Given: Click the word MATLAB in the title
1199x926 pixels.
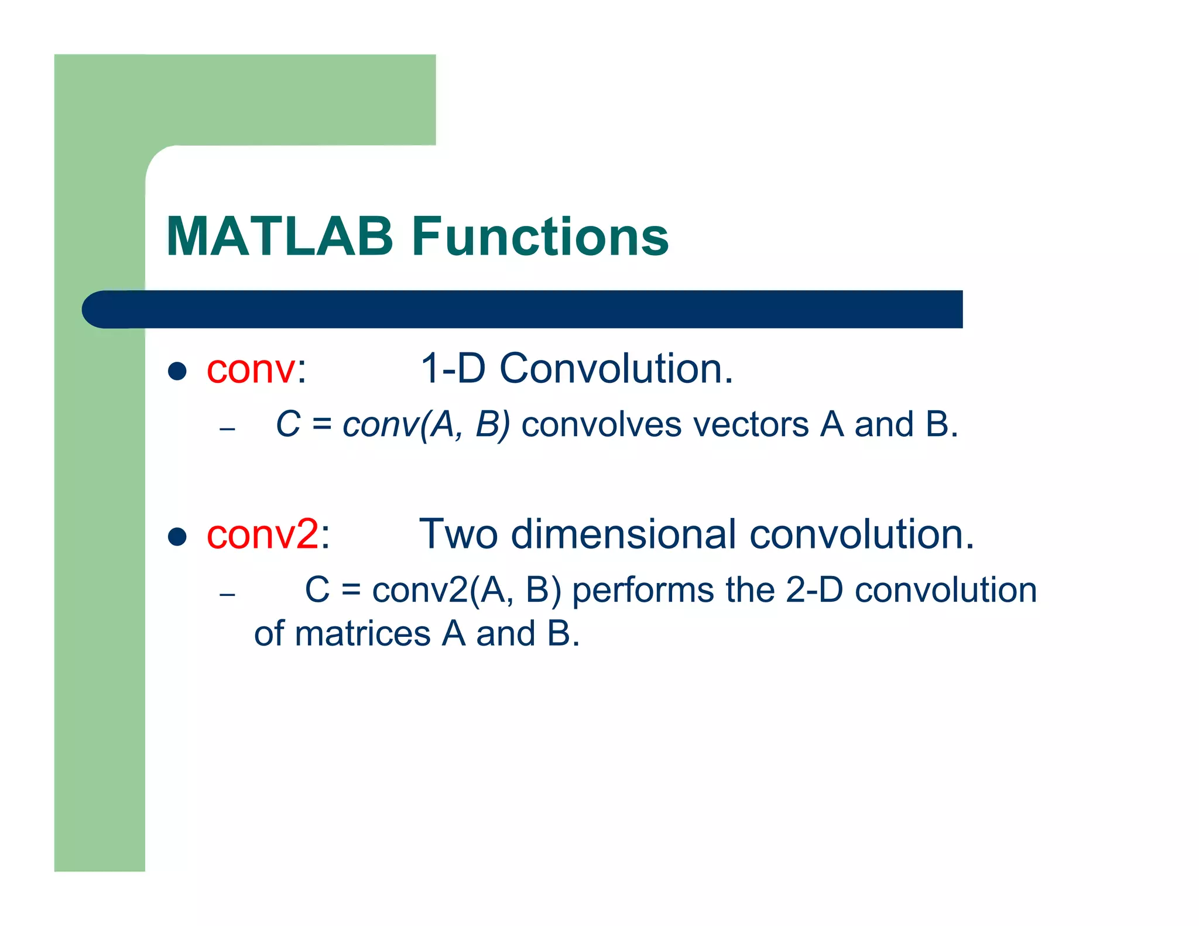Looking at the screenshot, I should (279, 236).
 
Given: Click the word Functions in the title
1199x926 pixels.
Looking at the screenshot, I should (540, 236).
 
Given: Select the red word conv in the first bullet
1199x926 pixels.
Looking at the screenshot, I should (251, 370).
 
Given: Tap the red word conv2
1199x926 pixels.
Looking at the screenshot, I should (263, 534).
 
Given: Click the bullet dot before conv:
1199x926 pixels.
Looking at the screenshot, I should (177, 371).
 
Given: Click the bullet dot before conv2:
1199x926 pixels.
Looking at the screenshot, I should (177, 536).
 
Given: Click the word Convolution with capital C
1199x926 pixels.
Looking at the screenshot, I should (616, 369).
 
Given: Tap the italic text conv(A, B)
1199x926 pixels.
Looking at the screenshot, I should (426, 424).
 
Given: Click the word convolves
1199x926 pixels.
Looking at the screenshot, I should (601, 424).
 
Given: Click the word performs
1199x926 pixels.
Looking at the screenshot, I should (643, 590).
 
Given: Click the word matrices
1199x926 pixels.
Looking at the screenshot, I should (362, 634).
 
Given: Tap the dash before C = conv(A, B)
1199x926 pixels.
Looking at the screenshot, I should (227, 429).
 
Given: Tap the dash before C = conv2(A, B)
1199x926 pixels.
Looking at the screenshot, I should (227, 595).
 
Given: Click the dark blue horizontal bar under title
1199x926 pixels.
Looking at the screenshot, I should (527, 309).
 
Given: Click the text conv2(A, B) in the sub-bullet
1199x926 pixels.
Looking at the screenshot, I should (467, 590).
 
